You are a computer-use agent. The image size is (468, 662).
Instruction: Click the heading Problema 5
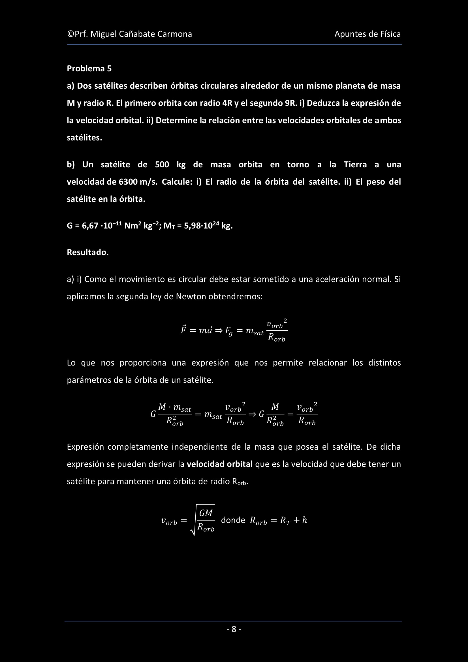point(89,69)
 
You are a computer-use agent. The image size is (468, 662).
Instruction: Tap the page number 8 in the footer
point(234,629)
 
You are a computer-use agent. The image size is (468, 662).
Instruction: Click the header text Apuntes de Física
point(367,34)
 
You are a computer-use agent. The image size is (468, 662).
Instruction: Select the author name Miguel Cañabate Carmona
point(141,34)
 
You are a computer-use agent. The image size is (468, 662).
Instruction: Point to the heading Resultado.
point(88,252)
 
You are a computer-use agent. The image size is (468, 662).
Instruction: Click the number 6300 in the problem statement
point(128,182)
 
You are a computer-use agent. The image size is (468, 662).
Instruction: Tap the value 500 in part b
point(162,165)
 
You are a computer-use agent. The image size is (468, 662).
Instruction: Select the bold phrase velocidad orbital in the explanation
point(219,464)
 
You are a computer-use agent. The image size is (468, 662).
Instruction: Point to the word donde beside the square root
point(233,520)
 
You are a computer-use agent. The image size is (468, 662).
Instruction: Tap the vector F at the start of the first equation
point(183,330)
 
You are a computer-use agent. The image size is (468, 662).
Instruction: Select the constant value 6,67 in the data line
point(90,226)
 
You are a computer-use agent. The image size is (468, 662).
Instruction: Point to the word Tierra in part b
point(355,165)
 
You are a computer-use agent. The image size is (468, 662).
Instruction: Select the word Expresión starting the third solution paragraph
point(85,447)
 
